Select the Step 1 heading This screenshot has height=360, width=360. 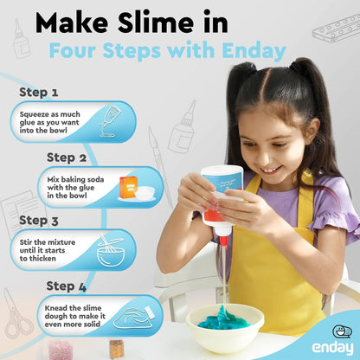39,91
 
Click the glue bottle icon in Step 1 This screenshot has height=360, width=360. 112,121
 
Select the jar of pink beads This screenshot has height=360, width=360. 61,349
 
